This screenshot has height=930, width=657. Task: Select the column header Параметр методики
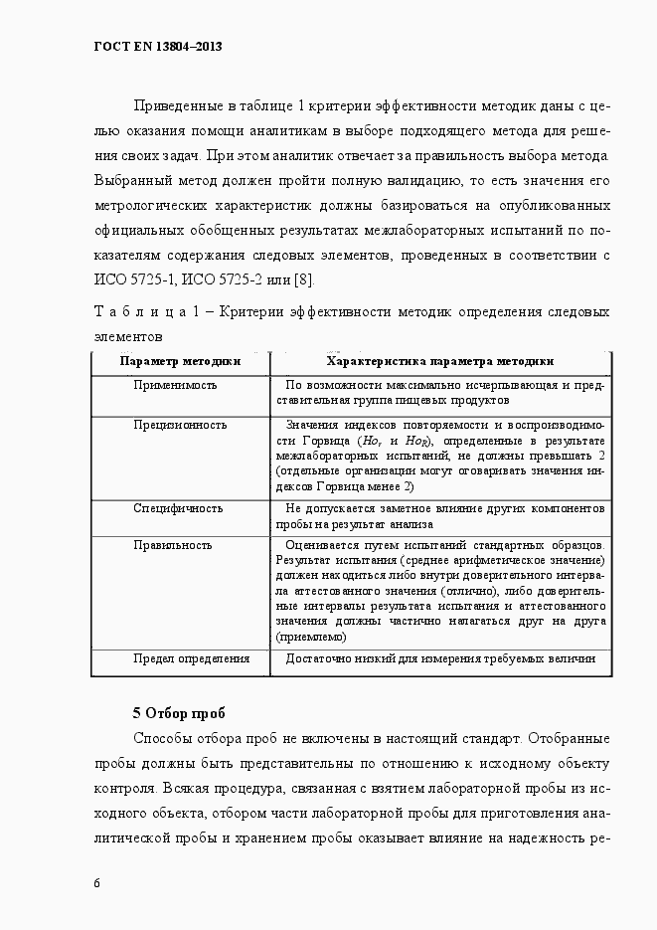(180, 361)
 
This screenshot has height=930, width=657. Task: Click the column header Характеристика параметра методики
(440, 361)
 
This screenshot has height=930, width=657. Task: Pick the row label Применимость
(176, 384)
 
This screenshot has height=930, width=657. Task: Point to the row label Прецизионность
(180, 425)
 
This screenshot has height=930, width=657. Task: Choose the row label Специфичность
(178, 507)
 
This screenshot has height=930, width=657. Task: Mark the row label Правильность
(173, 545)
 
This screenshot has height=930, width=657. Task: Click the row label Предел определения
(192, 658)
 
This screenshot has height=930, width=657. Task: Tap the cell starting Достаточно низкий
(439, 658)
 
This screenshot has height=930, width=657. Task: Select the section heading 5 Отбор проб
(179, 713)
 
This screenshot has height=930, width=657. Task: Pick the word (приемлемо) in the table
(312, 637)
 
